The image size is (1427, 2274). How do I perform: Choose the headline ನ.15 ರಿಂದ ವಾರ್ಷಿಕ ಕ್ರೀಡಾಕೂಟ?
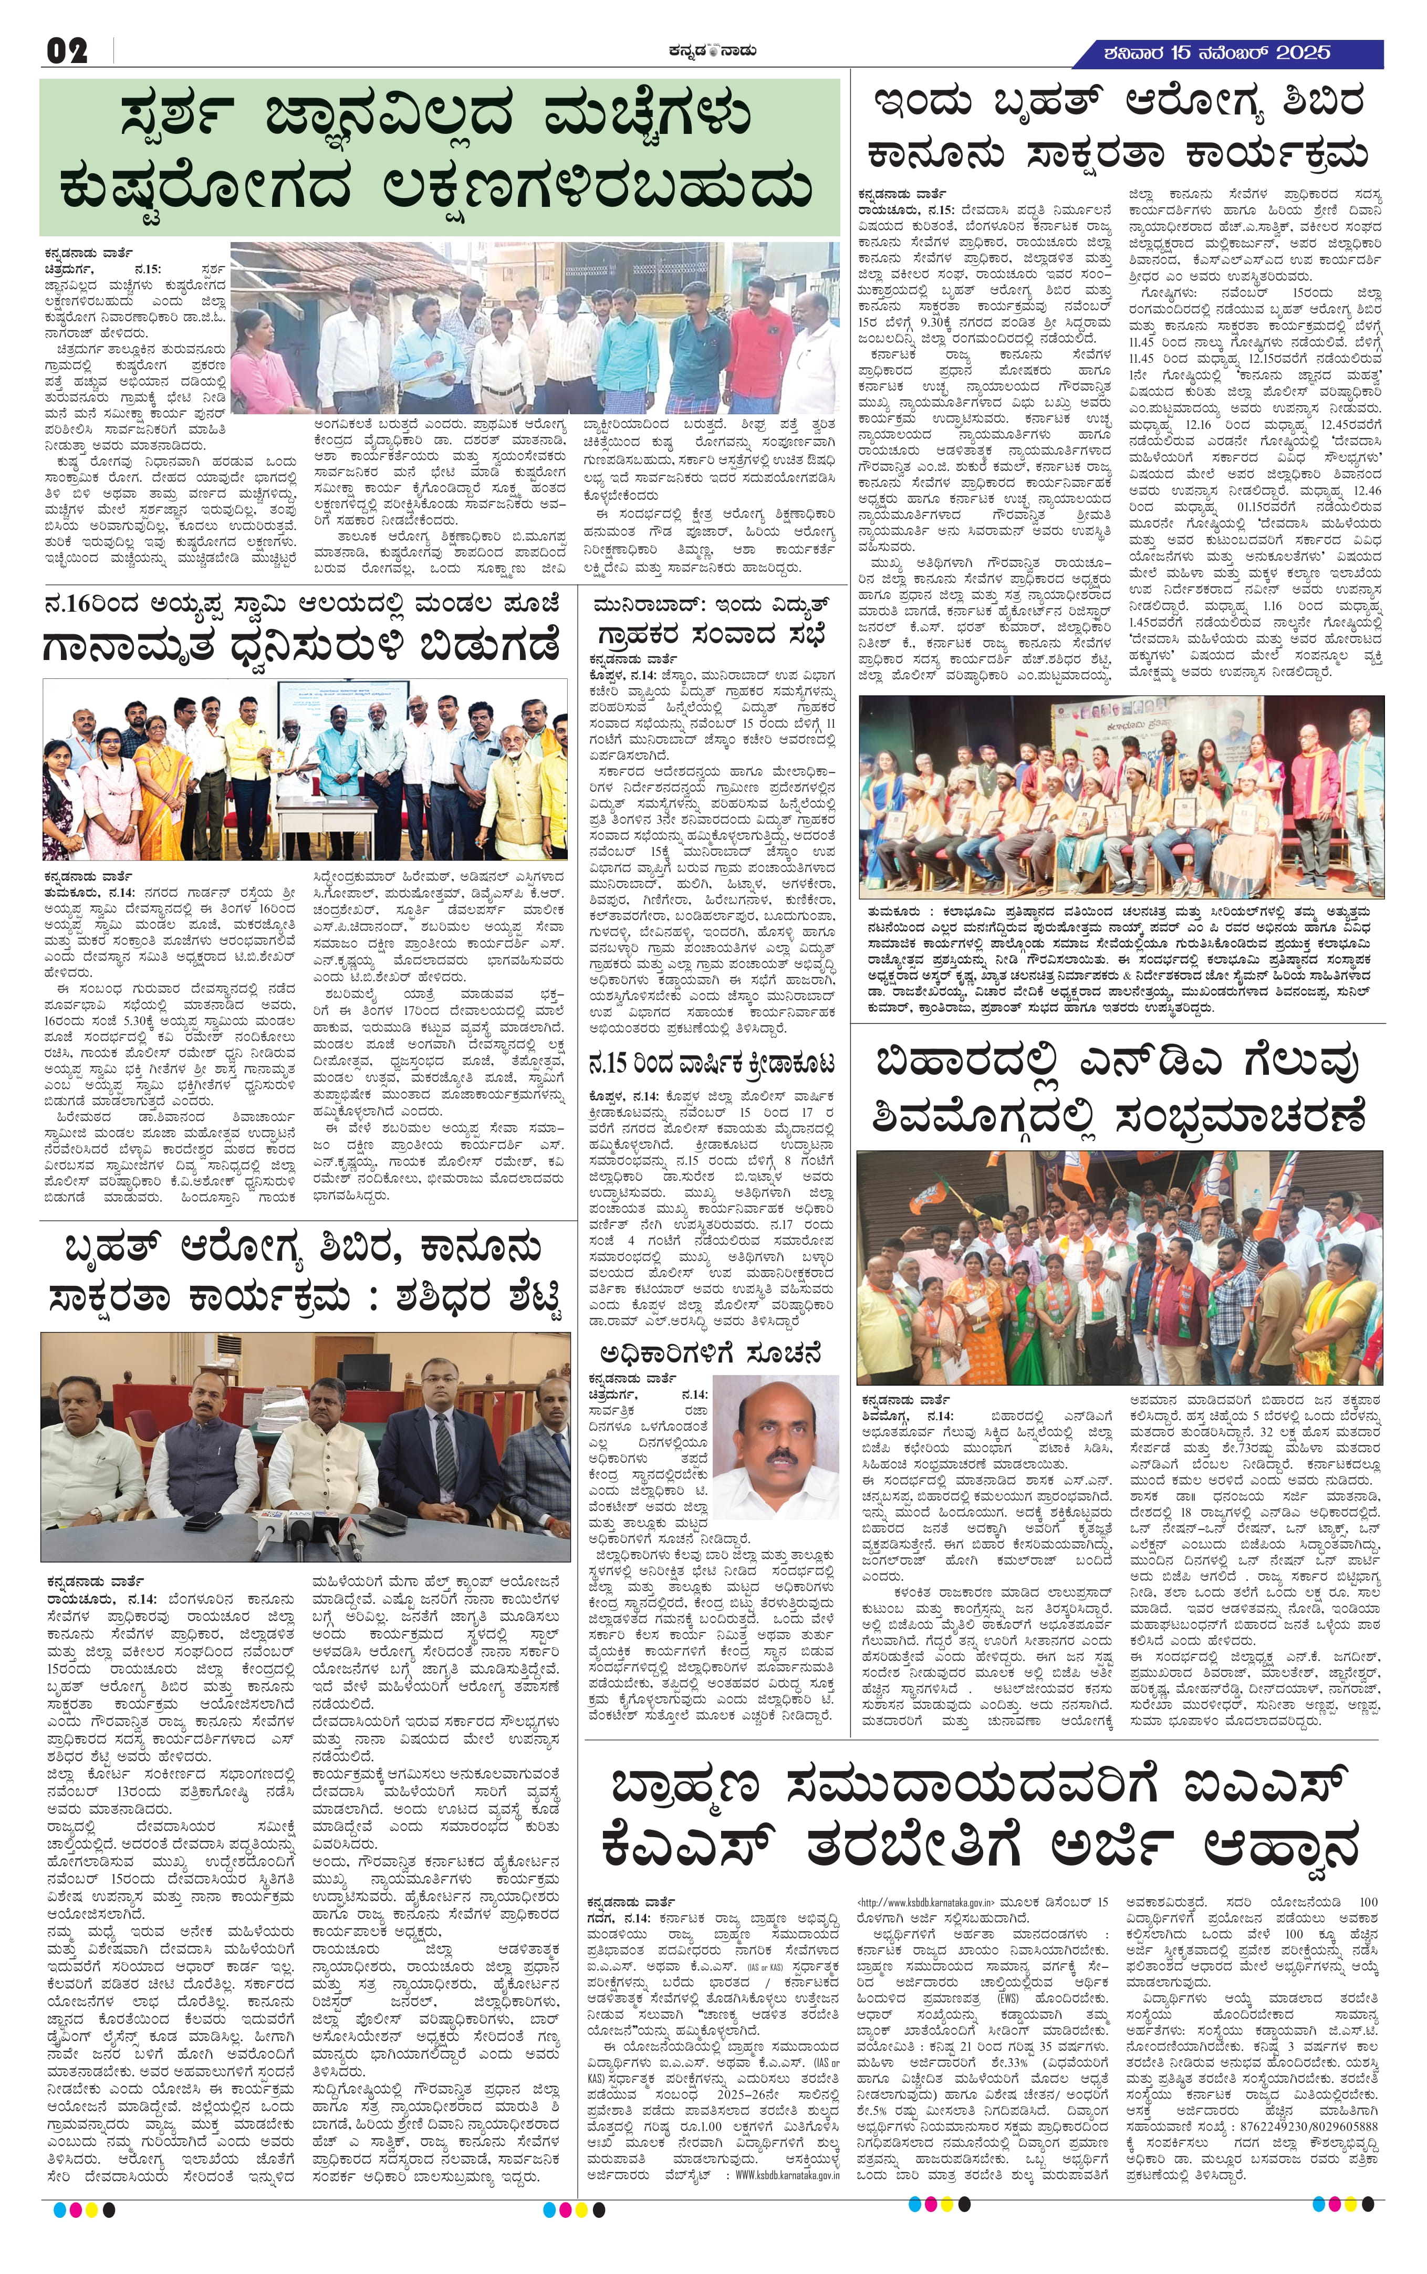713,1064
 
